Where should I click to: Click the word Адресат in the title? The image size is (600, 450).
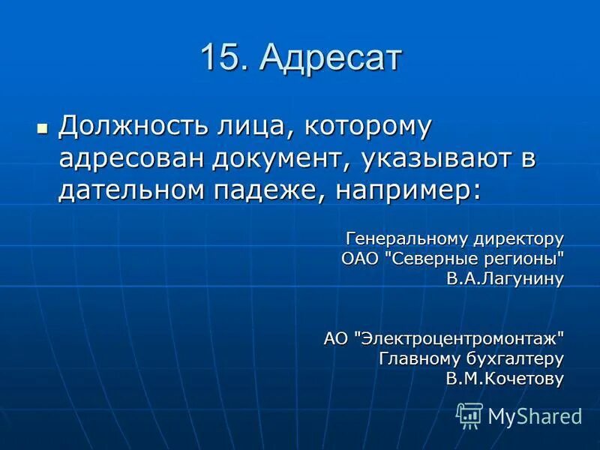click(x=331, y=58)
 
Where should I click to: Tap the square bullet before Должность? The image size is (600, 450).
click(x=42, y=128)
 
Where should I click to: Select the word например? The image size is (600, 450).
click(x=408, y=190)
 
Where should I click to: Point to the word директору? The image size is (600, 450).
click(x=518, y=239)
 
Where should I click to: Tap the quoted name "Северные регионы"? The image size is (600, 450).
click(x=473, y=259)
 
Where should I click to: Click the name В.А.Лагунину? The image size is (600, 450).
click(x=505, y=278)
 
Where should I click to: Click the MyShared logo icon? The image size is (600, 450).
click(x=470, y=415)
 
